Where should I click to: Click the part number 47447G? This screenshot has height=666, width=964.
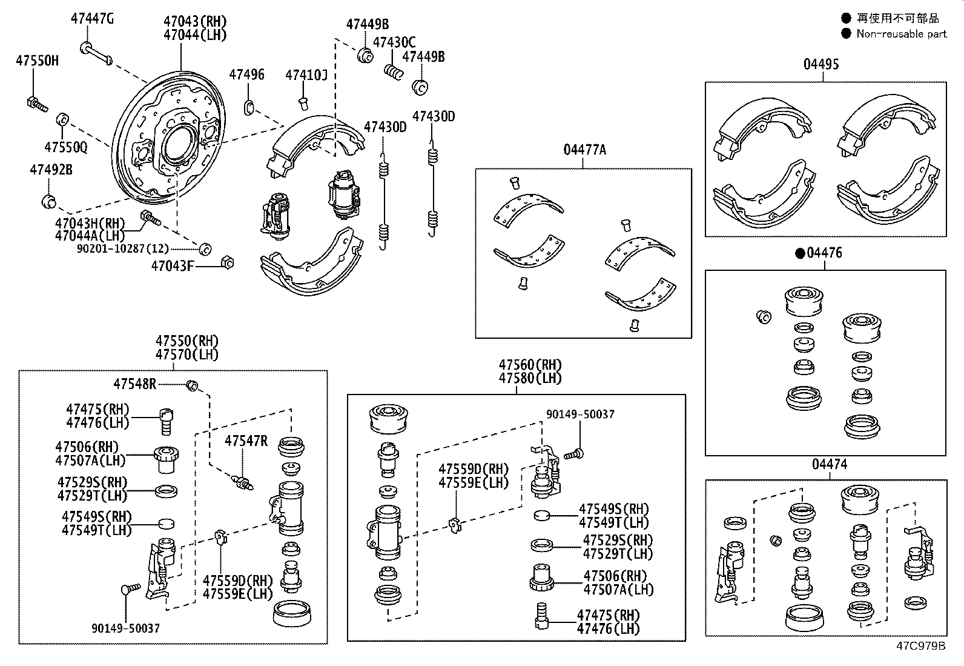click(x=92, y=19)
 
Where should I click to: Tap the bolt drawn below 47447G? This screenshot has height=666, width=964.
click(x=96, y=53)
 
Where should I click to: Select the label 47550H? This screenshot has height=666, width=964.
click(x=38, y=61)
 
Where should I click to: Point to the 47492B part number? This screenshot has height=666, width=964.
click(x=51, y=170)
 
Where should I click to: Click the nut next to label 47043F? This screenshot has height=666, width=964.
click(x=228, y=263)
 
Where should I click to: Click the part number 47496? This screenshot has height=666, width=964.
click(x=246, y=75)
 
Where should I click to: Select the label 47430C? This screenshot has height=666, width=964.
click(x=394, y=42)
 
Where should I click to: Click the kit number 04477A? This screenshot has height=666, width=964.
click(x=584, y=150)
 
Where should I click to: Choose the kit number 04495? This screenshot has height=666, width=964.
click(x=821, y=64)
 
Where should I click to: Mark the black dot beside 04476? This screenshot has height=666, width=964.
click(x=799, y=253)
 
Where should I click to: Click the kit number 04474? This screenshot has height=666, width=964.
click(x=830, y=464)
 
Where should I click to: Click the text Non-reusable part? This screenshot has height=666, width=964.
click(x=901, y=34)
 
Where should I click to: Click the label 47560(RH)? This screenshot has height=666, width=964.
click(x=530, y=365)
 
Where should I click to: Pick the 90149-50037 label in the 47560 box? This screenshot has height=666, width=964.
click(x=580, y=415)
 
